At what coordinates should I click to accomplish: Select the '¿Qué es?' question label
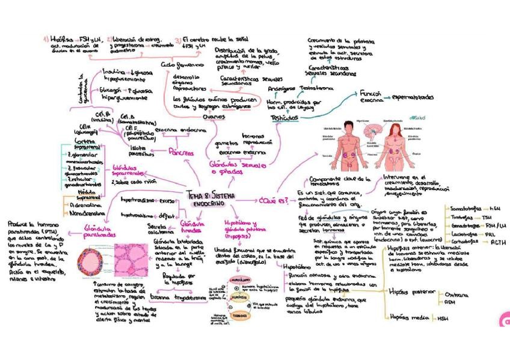pos(273,199)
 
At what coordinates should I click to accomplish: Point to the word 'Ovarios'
pos(215,118)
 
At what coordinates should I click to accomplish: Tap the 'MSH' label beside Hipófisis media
pos(443,319)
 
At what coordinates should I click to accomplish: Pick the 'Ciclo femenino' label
pos(179,64)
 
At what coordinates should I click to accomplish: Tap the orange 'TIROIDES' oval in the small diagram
pos(240,316)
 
